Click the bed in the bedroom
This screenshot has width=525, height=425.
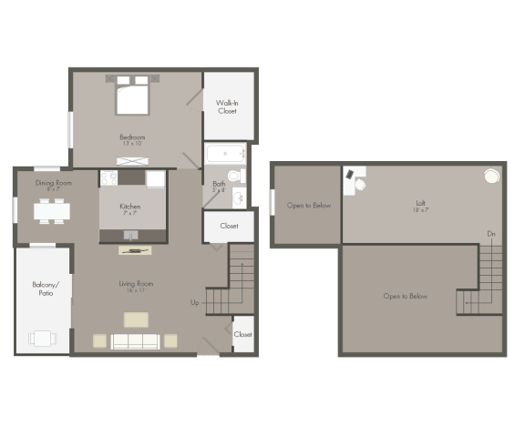coord(132,96)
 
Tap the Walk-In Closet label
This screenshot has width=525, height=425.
coord(227,106)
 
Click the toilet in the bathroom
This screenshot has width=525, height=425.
coord(234,175)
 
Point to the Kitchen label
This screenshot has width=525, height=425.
coord(130,207)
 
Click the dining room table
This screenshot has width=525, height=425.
coord(52,211)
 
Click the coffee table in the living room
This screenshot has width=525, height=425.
coord(137,319)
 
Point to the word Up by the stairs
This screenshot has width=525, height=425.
coord(194,302)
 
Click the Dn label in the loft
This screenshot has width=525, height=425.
coord(490,235)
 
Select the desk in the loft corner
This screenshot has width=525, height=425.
coord(353,178)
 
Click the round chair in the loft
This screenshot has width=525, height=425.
coord(491,177)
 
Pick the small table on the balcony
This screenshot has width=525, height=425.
coord(43,338)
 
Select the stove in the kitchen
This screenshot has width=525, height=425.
coord(109,178)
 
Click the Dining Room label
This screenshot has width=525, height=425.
coord(54,184)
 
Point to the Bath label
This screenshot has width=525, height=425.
coord(219,186)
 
